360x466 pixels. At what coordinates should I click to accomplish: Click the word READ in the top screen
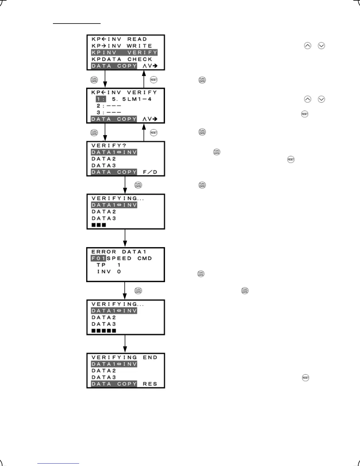[x=137, y=39]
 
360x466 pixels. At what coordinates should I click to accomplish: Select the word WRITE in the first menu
[x=139, y=46]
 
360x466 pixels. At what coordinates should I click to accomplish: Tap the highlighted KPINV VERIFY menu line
[x=124, y=53]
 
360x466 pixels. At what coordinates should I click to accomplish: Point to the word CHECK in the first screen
[x=140, y=59]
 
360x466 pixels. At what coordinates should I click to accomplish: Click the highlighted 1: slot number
[x=101, y=99]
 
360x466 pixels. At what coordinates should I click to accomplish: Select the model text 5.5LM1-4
[x=131, y=99]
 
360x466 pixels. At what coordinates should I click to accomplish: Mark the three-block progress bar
[x=99, y=225]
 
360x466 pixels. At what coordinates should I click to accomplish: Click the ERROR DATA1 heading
[x=119, y=252]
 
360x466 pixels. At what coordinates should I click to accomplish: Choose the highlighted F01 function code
[x=98, y=258]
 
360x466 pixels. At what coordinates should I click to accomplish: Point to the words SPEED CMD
[x=129, y=258]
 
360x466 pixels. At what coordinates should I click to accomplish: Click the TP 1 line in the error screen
[x=109, y=265]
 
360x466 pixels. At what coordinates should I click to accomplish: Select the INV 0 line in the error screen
[x=109, y=272]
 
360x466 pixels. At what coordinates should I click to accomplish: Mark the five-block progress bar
[x=104, y=331]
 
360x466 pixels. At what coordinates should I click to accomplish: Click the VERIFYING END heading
[x=124, y=357]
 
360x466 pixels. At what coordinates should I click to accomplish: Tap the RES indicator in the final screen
[x=150, y=384]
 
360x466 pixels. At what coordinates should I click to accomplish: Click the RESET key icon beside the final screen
[x=306, y=378]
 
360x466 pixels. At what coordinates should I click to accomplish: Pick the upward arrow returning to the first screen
[x=144, y=79]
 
